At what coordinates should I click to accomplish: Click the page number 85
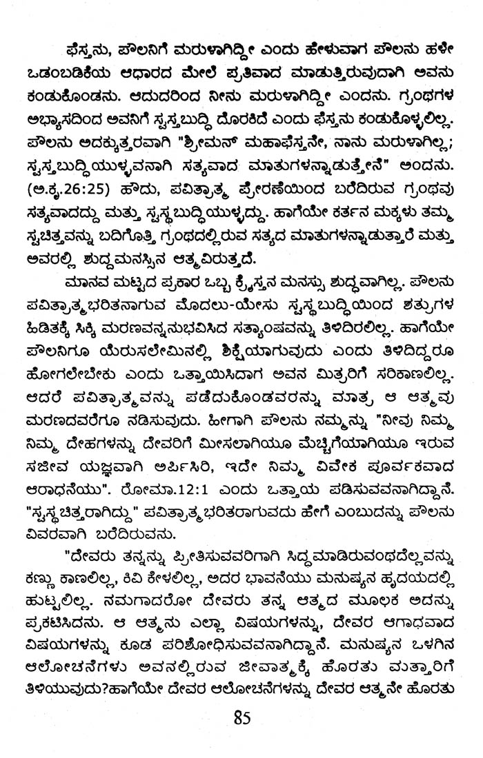tap(241, 719)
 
